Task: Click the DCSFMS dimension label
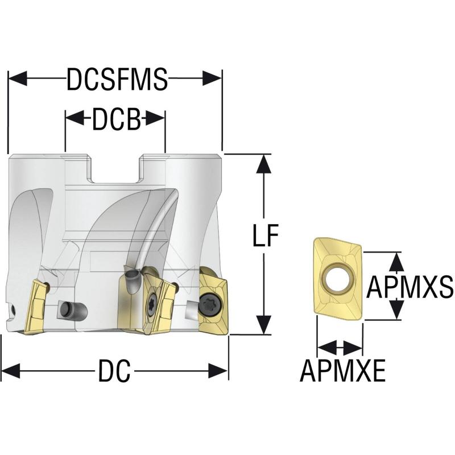click(117, 79)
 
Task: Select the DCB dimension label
click(116, 119)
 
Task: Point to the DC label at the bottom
click(114, 371)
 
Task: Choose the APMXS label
click(409, 287)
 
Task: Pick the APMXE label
click(343, 371)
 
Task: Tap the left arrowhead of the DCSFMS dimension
click(18, 78)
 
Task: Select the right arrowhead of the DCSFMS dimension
click(212, 78)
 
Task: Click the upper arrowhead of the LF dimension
click(264, 164)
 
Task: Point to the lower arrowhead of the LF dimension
click(264, 325)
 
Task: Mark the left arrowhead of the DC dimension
click(11, 371)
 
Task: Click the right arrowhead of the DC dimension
click(218, 371)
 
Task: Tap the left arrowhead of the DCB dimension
click(75, 118)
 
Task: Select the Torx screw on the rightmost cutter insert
click(210, 305)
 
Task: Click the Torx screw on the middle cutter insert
click(152, 303)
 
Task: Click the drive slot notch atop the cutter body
click(116, 168)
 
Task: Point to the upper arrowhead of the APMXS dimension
click(396, 262)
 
